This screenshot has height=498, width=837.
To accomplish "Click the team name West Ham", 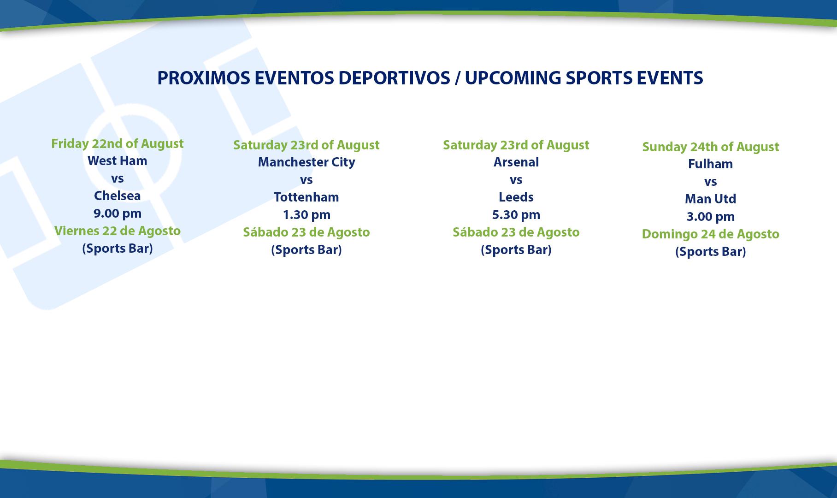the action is (x=118, y=160).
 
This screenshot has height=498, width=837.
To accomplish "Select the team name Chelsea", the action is (x=118, y=196).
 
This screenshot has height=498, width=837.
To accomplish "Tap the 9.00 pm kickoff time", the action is (x=118, y=213).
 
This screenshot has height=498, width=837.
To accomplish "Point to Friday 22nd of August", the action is (x=118, y=144).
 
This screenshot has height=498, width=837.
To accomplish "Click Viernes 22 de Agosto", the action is (x=118, y=231).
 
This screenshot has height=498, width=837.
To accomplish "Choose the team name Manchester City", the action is (x=307, y=162).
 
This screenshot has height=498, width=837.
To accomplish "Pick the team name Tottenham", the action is (x=307, y=197).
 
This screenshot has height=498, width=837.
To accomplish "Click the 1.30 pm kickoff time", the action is (x=307, y=215).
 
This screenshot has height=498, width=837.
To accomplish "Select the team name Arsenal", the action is (x=516, y=162).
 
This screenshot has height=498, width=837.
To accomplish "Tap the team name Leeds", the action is (x=516, y=197).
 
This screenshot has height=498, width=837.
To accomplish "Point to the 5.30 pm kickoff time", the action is (x=516, y=215).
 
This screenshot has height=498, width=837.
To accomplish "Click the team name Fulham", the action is (x=711, y=164).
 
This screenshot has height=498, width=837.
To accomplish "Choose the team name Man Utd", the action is (x=711, y=199).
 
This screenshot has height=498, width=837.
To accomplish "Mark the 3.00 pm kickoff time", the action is (x=711, y=217).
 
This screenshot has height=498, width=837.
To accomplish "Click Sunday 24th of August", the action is (x=711, y=147).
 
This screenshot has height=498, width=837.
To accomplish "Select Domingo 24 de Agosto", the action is (x=711, y=234).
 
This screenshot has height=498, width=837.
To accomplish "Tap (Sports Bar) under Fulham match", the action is (x=711, y=252).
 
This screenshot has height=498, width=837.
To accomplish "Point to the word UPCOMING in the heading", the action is (x=513, y=78).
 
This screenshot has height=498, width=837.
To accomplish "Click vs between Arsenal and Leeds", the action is (x=516, y=180).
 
